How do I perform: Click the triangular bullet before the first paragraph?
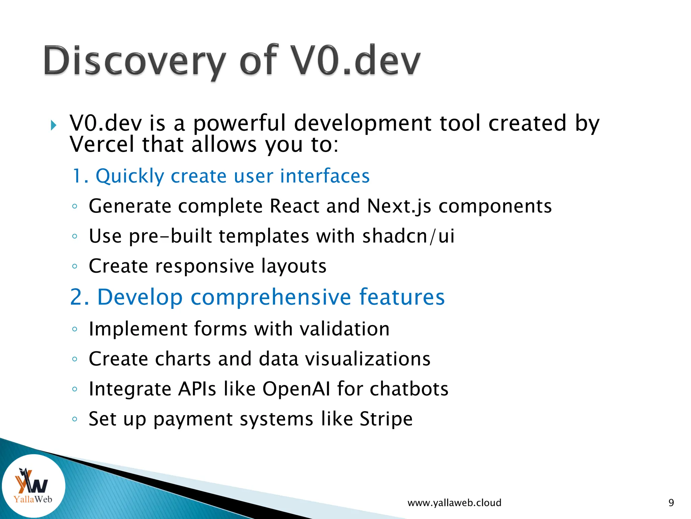(53, 126)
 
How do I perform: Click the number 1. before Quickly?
(80, 176)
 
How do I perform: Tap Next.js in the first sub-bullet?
(399, 206)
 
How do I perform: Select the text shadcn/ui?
(408, 236)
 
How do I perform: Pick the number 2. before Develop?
(80, 297)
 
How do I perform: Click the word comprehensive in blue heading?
(271, 297)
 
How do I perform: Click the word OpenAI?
(296, 389)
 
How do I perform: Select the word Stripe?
(386, 419)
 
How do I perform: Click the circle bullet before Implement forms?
(75, 329)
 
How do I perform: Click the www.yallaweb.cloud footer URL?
(454, 503)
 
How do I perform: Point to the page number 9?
(671, 503)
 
